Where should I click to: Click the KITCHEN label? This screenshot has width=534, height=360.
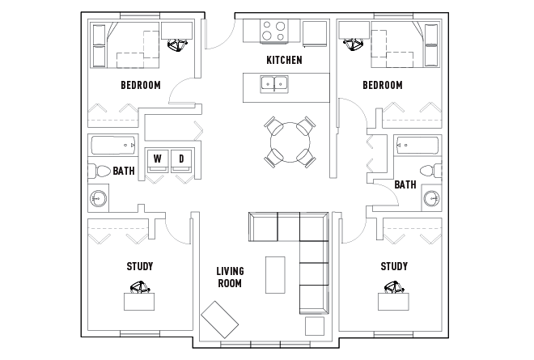click(x=284, y=61)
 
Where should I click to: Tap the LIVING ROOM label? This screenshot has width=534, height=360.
click(x=231, y=277)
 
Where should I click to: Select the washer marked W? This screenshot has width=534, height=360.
click(x=157, y=160)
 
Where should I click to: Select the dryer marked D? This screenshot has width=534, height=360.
click(x=181, y=160)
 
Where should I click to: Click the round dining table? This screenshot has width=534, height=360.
click(x=290, y=142)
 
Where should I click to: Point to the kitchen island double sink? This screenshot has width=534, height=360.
click(x=274, y=84)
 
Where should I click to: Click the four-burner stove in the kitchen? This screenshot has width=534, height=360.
click(x=273, y=32)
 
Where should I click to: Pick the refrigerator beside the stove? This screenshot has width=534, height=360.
click(x=315, y=33)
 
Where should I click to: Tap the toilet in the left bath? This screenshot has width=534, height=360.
click(x=99, y=171)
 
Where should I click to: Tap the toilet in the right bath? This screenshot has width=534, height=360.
click(x=430, y=171)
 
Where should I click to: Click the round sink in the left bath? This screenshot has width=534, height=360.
click(x=99, y=198)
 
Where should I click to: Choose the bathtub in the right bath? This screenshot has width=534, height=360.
click(x=417, y=146)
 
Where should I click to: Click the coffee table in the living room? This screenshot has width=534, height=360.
click(x=275, y=275)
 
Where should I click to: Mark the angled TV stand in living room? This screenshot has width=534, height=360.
click(x=219, y=320)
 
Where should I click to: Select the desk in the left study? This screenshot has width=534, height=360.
click(x=139, y=302)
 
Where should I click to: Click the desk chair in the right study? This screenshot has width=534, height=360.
click(x=395, y=287)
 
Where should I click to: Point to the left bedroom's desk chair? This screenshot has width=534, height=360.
click(x=177, y=45)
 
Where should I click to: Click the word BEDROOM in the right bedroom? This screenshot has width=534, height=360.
click(x=383, y=85)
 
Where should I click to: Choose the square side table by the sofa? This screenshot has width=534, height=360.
click(x=315, y=326)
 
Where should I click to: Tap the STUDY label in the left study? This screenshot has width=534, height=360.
click(x=140, y=266)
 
